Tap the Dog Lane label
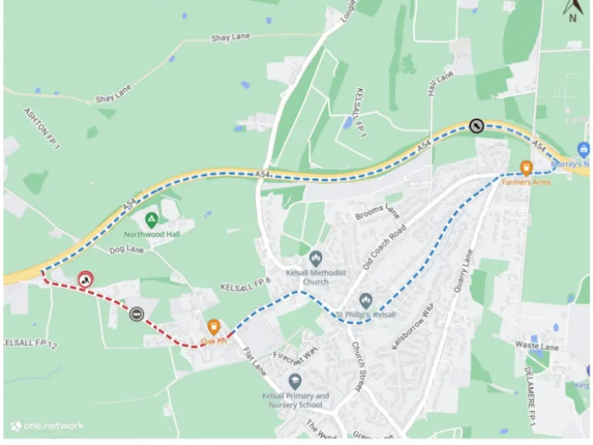[126, 249]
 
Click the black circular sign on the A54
[476, 125]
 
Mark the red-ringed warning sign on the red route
[84, 280]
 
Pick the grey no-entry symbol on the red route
[136, 313]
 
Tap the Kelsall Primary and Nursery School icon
[295, 382]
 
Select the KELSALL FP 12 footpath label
[28, 341]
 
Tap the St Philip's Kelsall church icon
[366, 301]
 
